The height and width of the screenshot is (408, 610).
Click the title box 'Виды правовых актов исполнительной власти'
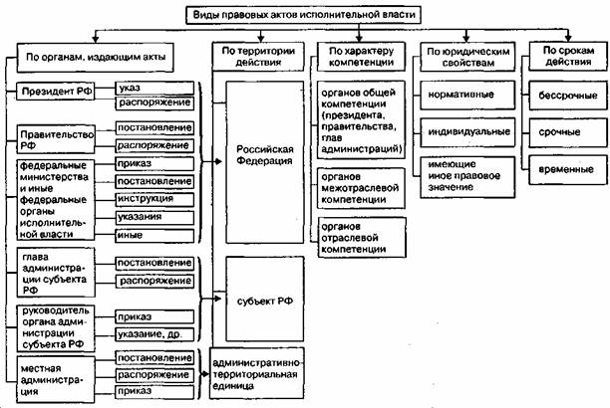point(303,15)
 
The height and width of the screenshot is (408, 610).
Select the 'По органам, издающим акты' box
point(96,58)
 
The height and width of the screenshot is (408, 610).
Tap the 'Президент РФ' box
point(56,92)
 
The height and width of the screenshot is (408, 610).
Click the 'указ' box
point(154,88)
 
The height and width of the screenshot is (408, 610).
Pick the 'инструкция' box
point(154,199)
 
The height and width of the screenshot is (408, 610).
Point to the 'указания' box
point(154,217)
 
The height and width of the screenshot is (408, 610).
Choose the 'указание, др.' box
point(154,334)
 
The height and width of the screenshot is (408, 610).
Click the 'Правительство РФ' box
point(56,139)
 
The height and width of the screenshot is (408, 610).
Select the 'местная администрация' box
point(56,379)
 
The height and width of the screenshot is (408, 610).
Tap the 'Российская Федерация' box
point(265,162)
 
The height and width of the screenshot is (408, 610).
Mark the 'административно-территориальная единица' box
point(257,373)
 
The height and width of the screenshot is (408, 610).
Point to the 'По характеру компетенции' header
point(362,57)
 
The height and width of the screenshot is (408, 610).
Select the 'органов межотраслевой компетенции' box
point(362,188)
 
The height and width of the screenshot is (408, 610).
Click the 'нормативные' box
point(468,96)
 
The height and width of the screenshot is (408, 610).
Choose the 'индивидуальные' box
point(468,132)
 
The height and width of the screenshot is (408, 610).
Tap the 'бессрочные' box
point(568,96)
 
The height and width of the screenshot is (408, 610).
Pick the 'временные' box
point(568,170)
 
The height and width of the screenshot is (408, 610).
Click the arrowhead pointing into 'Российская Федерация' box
point(218,161)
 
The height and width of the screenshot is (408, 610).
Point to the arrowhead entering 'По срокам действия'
point(568,38)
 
